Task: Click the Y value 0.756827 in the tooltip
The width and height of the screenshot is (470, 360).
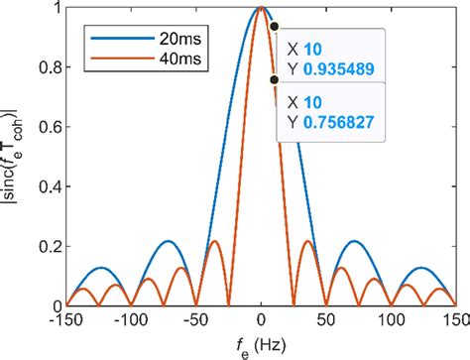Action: click(333, 123)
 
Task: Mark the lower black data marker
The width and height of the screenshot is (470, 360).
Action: click(274, 80)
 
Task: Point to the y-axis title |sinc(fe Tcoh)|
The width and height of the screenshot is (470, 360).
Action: click(14, 159)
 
